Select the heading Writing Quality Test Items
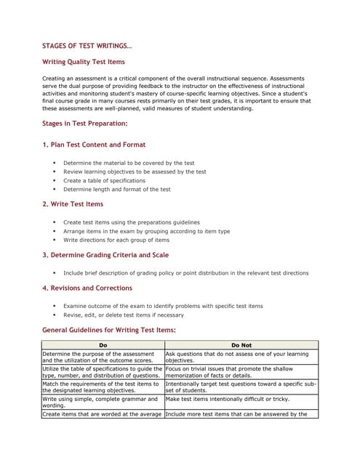[x=84, y=62]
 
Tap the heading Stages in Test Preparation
[x=84, y=124]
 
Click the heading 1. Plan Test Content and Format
[x=94, y=145]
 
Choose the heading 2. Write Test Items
[x=73, y=204]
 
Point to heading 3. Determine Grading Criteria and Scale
[x=105, y=255]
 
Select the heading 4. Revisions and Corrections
[x=87, y=288]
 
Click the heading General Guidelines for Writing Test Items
[x=109, y=330]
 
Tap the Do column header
[x=103, y=345]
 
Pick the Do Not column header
[x=241, y=345]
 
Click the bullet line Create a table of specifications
[x=104, y=180]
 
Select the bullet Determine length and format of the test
[x=116, y=189]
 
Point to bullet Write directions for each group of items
[x=116, y=240]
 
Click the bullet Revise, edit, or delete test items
[x=123, y=315]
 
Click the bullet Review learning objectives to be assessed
[x=135, y=171]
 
